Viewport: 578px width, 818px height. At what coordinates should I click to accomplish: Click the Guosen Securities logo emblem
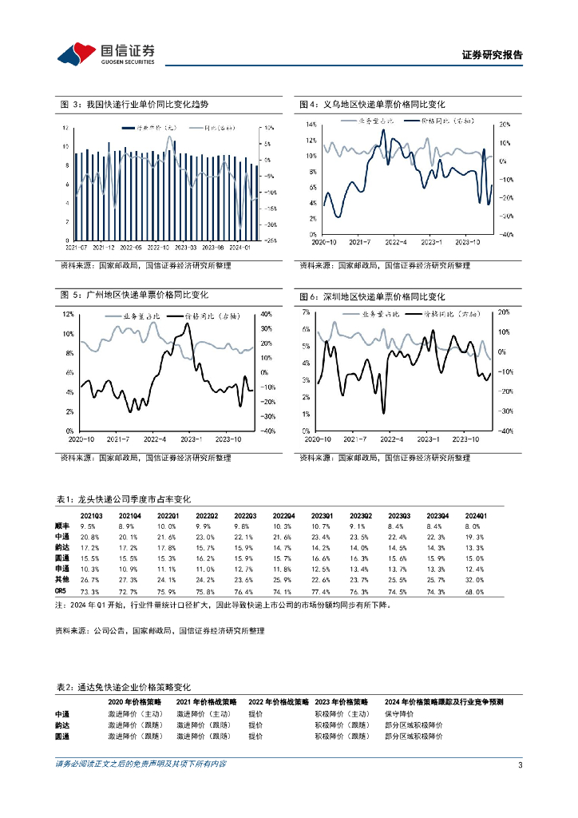pos(76,54)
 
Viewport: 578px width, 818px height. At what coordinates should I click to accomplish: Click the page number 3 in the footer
pos(520,764)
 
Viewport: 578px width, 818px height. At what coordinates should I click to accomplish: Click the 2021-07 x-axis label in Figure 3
pos(78,246)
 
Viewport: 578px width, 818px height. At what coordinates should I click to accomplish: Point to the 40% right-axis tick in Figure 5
pos(267,315)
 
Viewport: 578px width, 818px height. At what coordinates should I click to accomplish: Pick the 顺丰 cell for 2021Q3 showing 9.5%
pos(89,526)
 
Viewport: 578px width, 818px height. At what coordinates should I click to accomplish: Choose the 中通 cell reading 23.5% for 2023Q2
pos(360,538)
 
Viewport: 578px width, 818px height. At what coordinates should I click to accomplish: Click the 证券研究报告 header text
pos(493,56)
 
